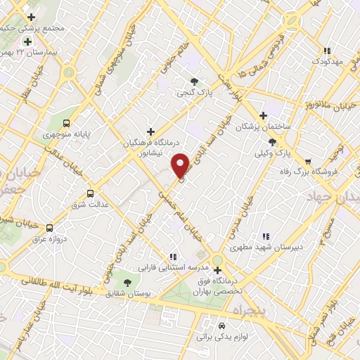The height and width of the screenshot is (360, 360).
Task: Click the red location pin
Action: [x=181, y=165]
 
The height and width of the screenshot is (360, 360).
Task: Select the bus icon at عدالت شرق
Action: [x=90, y=193]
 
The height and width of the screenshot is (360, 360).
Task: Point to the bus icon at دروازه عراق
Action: [x=49, y=228]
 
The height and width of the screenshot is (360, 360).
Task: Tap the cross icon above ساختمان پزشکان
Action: [x=264, y=115]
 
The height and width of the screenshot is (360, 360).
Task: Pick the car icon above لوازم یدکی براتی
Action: [x=221, y=326]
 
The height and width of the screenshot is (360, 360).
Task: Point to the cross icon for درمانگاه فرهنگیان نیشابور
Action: [x=150, y=131]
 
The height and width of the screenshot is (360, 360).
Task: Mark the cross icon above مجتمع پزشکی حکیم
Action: [x=30, y=16]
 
